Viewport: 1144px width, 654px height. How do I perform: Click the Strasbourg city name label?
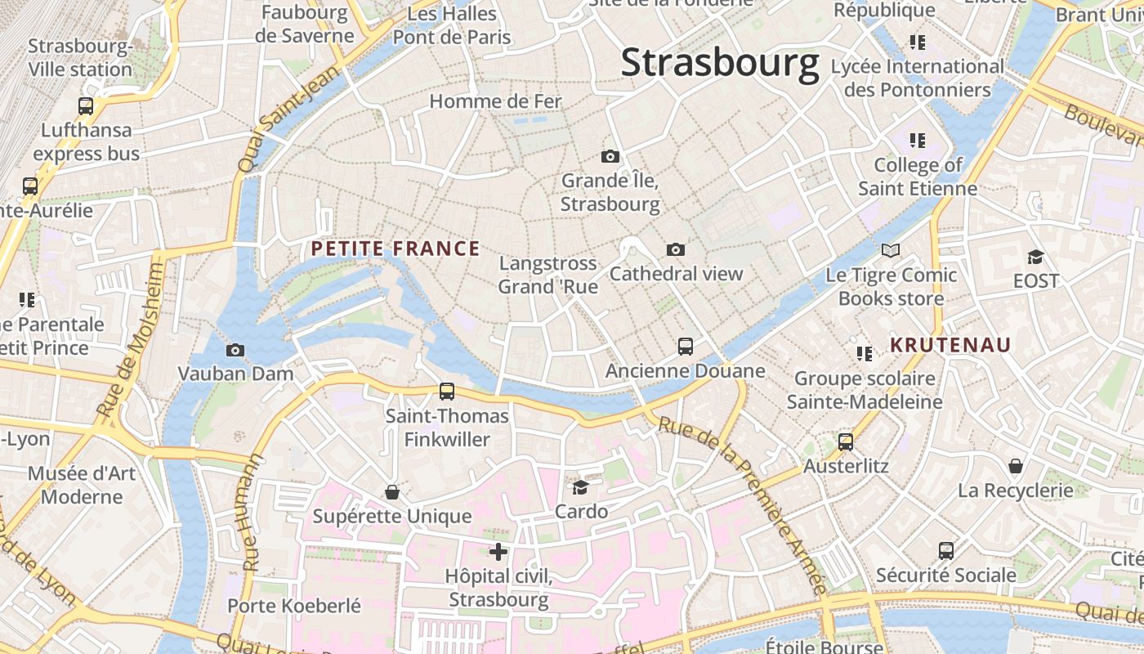[x=720, y=63]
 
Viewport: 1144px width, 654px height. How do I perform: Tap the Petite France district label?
[x=395, y=249]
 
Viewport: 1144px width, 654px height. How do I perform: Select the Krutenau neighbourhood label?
[x=950, y=345]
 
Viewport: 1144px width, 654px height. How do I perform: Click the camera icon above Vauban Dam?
[x=235, y=350]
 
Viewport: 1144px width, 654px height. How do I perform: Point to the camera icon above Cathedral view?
[x=676, y=249]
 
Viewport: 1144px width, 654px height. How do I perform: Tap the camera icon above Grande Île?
[x=610, y=156]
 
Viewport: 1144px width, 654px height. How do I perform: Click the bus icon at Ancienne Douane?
[x=686, y=347]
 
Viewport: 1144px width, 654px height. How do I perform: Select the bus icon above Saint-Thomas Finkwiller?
[x=447, y=392]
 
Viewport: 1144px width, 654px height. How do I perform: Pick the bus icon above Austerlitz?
[x=846, y=442]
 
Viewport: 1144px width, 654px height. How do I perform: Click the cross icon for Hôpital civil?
[x=498, y=552]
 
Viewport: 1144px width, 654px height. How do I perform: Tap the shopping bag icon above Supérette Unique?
[x=392, y=492]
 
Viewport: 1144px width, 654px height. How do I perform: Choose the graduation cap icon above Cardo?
[x=581, y=487]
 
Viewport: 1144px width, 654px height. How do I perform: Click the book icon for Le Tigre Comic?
[x=890, y=250]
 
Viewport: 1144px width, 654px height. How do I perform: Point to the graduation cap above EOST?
[x=1035, y=257]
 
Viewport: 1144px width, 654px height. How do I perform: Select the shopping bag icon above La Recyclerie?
[x=1015, y=466]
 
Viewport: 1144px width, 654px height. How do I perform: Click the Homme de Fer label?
[x=496, y=101]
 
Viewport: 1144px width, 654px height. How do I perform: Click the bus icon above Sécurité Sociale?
[x=946, y=551]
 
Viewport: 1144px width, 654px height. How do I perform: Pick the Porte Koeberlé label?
[x=294, y=606]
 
